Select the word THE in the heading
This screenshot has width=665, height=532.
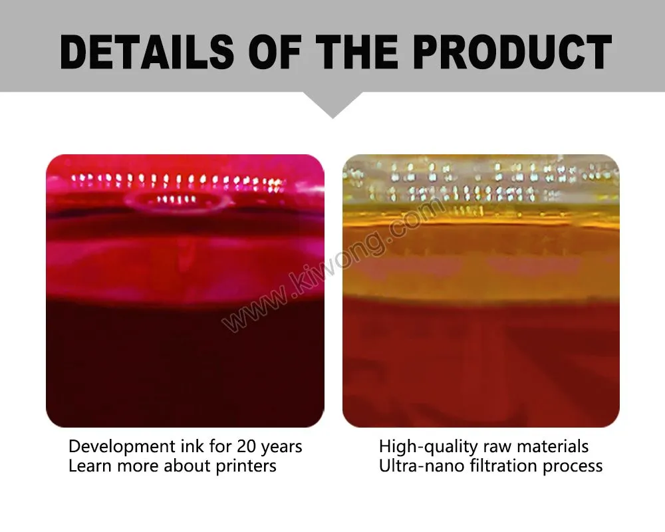(363, 52)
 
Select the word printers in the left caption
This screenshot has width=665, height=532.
(246, 466)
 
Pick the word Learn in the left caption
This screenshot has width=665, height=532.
(90, 466)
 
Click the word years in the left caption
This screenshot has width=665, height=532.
(283, 447)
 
